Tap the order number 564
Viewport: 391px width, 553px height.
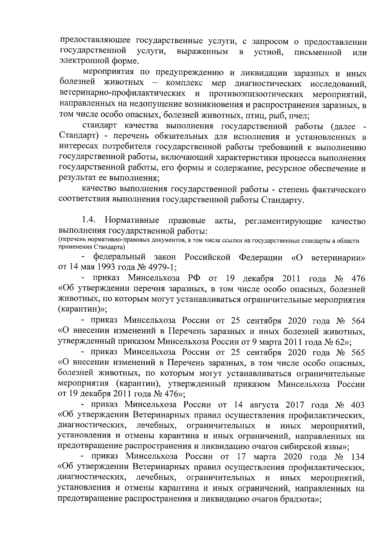(357, 321)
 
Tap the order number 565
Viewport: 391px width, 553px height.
(357, 352)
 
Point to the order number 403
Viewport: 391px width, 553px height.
(357, 405)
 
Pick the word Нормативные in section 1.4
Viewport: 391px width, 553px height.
(132, 221)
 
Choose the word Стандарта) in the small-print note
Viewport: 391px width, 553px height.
(104, 247)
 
